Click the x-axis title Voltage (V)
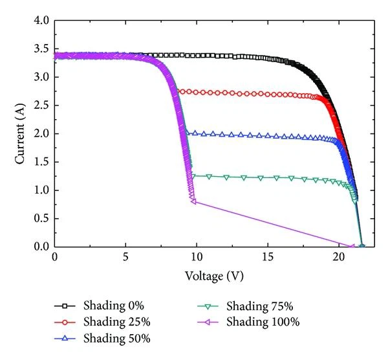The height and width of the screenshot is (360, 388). coord(213,276)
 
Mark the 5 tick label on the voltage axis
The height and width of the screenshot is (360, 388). coord(125,258)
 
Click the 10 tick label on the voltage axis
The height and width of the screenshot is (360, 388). coord(197,258)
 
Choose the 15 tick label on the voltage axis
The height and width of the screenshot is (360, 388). coord(268,258)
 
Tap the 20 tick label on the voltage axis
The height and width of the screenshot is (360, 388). coord(339,258)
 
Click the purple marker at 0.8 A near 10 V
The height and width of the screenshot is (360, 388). coord(193,201)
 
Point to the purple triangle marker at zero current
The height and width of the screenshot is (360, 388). coord(352,246)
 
